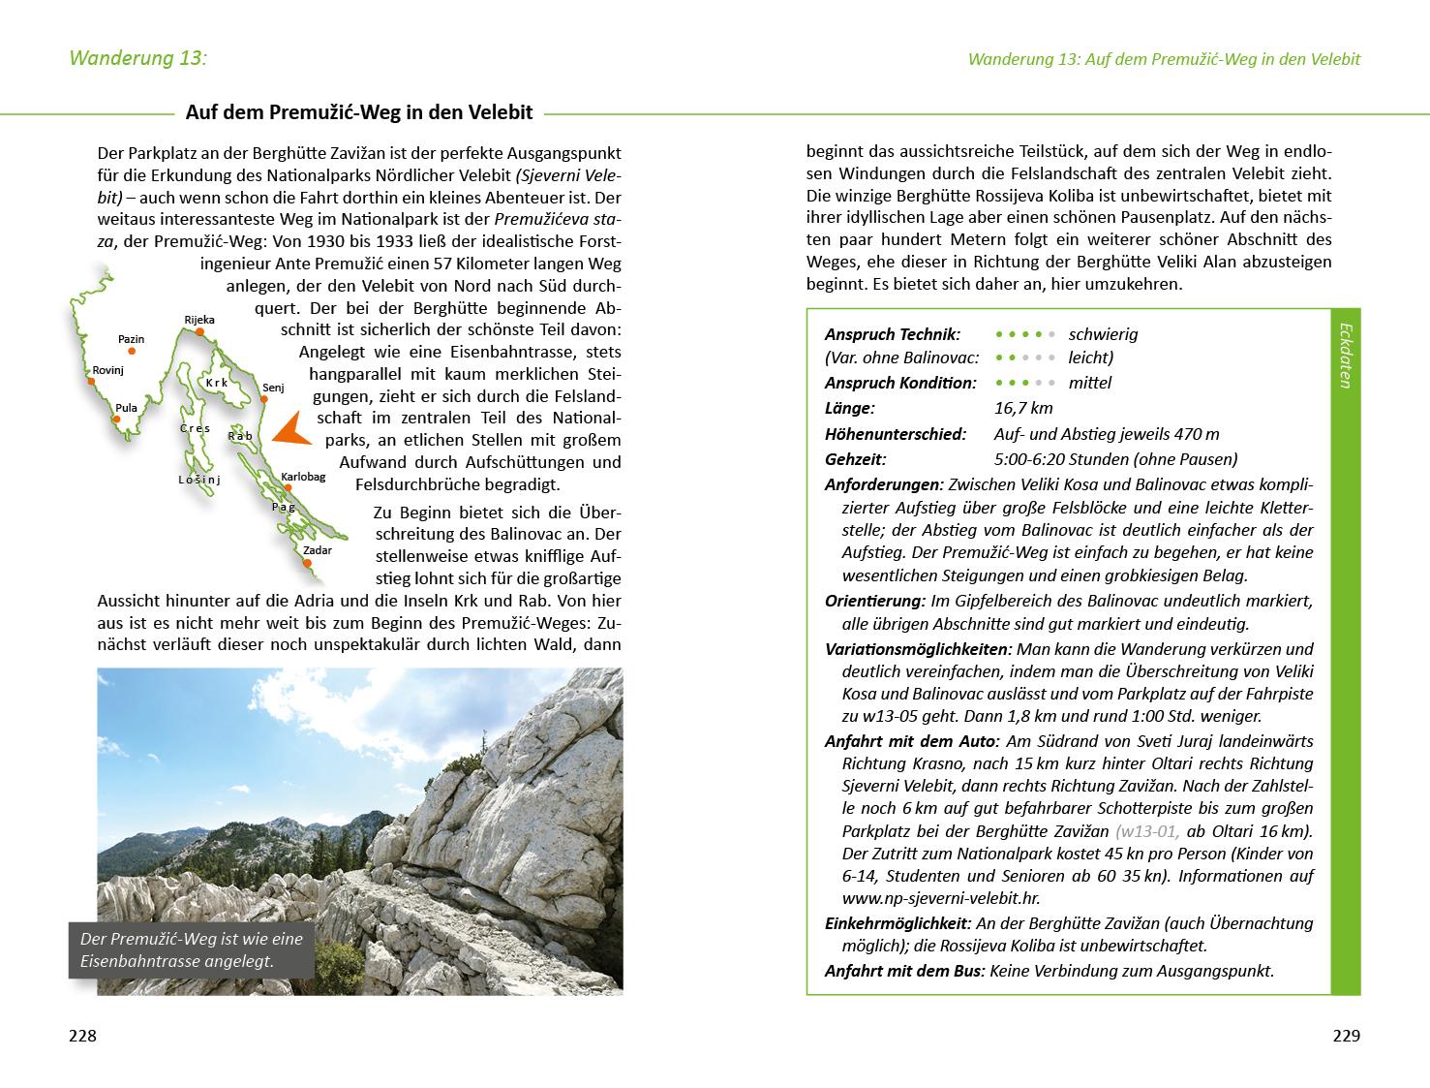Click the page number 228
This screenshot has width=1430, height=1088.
[x=82, y=1036]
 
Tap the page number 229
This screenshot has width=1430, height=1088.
[x=1346, y=1036]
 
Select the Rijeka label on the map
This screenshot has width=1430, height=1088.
[x=199, y=320]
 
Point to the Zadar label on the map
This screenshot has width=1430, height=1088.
[x=318, y=550]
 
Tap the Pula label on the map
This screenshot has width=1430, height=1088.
[x=126, y=408]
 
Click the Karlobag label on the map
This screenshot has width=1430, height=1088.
[x=304, y=477]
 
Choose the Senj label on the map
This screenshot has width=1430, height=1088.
[x=273, y=388]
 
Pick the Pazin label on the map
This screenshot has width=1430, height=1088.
[x=131, y=339]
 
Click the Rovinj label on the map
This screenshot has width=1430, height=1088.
[x=108, y=370]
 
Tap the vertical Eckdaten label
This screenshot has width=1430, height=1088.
[x=1345, y=356]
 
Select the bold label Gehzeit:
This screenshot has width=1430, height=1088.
[x=855, y=459]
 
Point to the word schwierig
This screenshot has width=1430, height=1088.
[x=1103, y=334]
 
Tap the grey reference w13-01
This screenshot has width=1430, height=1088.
[x=1147, y=831]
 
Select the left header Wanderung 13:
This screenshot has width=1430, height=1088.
[x=137, y=58]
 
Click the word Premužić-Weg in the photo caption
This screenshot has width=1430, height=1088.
[x=161, y=939]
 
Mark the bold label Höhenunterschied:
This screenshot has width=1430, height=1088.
[x=895, y=434]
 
